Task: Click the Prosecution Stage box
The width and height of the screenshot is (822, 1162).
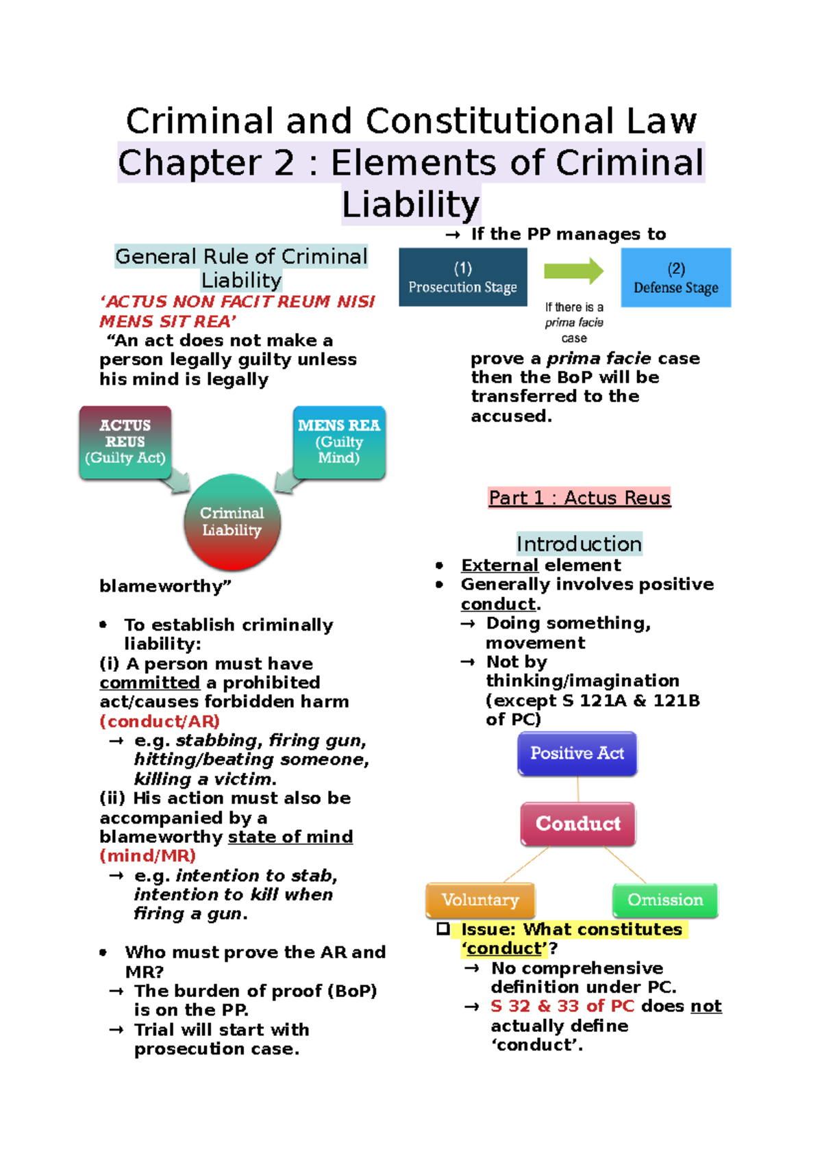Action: [462, 277]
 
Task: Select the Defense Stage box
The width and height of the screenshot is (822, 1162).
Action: [675, 277]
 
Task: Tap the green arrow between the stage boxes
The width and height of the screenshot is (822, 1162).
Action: [573, 271]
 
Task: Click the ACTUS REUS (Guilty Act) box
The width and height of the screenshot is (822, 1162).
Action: [125, 442]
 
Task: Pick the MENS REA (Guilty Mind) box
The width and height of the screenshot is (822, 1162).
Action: [339, 442]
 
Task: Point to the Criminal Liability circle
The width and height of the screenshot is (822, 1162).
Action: [232, 522]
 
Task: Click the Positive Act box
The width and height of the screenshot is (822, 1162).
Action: [577, 753]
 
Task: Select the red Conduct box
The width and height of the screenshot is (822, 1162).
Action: [577, 824]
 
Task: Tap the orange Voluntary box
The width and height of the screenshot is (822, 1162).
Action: [480, 900]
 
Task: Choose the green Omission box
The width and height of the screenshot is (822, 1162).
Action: [665, 900]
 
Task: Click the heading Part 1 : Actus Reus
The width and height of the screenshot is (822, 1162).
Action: [580, 498]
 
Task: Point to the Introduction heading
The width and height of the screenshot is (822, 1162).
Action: [579, 544]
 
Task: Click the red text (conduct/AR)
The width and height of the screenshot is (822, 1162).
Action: [160, 721]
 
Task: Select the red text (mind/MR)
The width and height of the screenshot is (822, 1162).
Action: [148, 856]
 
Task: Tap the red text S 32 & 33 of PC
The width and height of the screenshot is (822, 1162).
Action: [562, 1006]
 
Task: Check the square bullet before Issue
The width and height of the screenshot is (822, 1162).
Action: [443, 929]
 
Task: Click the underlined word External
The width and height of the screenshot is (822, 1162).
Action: [499, 566]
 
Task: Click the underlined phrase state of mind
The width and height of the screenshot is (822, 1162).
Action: [290, 837]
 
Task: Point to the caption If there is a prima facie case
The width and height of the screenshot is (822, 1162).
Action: [574, 323]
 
